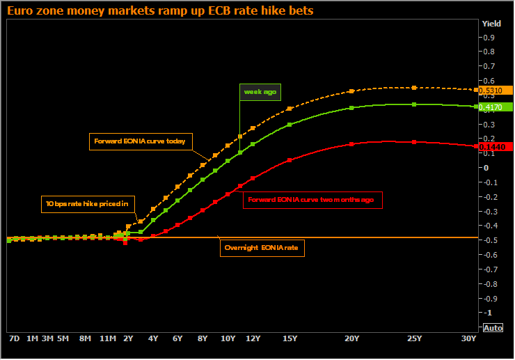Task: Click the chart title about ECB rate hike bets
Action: (160, 10)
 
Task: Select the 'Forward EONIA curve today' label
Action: (139, 141)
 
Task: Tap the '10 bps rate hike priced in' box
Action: (88, 205)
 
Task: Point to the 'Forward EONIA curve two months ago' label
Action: (313, 200)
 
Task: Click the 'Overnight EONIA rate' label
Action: (262, 248)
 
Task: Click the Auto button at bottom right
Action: (493, 327)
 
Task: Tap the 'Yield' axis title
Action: (491, 24)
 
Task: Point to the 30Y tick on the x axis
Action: (469, 338)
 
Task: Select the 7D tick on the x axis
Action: (14, 338)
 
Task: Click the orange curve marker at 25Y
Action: (414, 88)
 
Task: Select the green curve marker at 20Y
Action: (351, 108)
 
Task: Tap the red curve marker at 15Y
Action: (290, 160)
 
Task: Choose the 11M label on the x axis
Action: (108, 338)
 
